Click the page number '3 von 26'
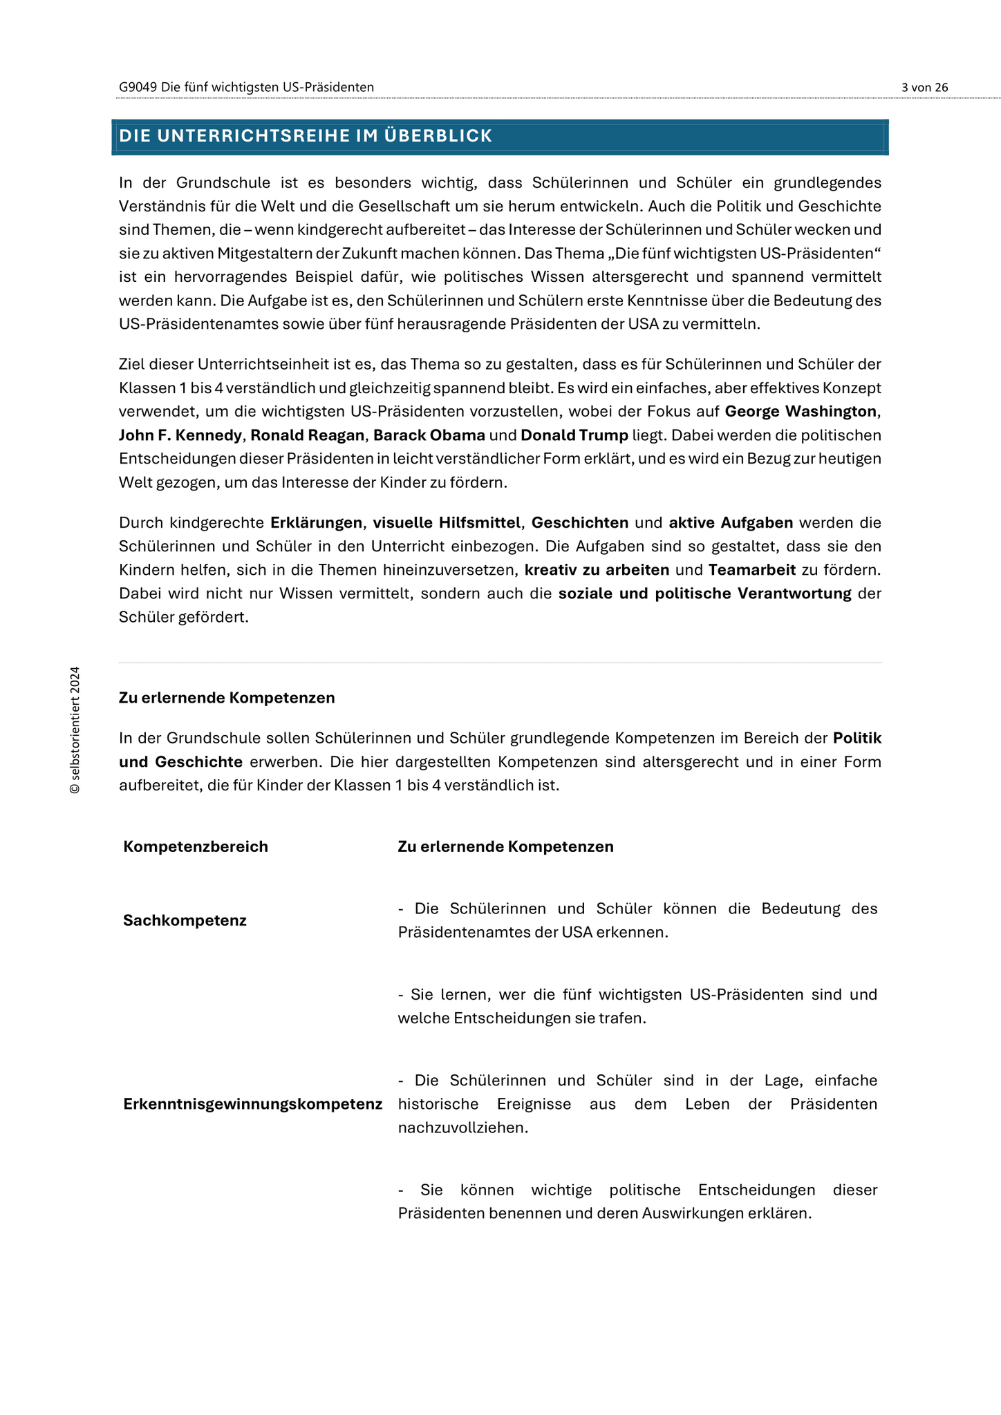[924, 87]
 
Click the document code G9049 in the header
[138, 87]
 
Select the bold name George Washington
[800, 412]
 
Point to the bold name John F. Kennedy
[180, 435]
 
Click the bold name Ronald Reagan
[307, 435]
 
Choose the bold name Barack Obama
[429, 435]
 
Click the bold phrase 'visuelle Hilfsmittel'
[447, 523]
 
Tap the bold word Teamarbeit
[752, 570]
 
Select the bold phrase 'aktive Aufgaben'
[731, 523]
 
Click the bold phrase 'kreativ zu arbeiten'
[597, 570]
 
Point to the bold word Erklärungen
[316, 523]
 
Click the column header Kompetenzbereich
[196, 847]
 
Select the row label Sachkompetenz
[185, 920]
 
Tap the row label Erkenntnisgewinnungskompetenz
[252, 1104]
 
